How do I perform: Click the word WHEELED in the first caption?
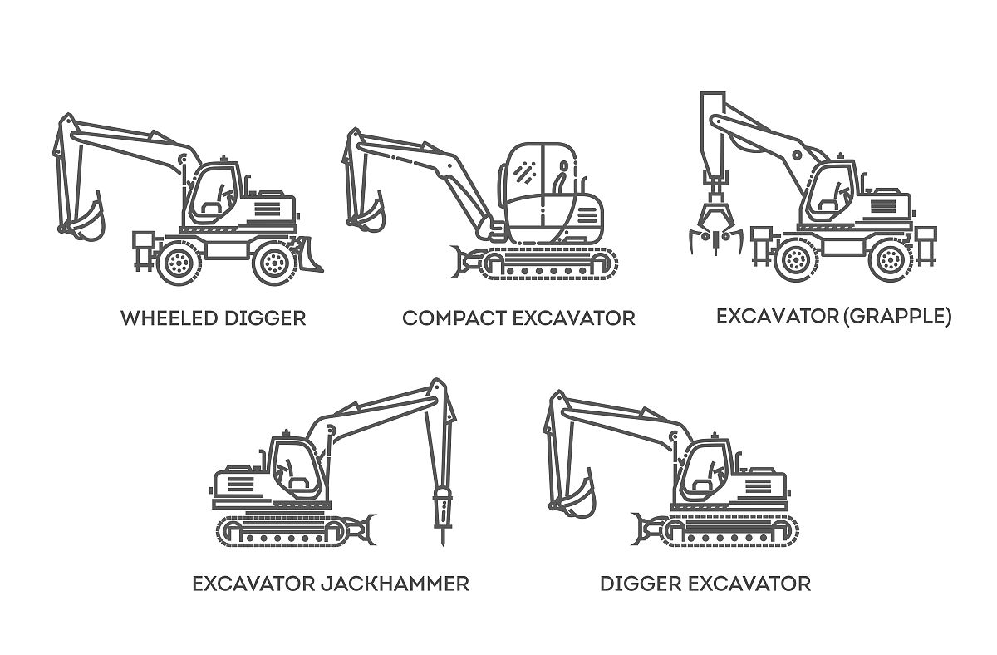click(x=169, y=318)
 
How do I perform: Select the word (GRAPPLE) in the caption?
click(x=897, y=316)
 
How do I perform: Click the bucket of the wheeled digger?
click(x=89, y=218)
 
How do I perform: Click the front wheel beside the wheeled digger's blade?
click(x=275, y=263)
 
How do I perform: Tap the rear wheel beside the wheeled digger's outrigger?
click(x=179, y=263)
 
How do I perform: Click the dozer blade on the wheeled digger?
click(x=308, y=254)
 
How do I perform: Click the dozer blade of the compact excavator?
click(x=462, y=262)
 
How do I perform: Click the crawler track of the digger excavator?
click(x=731, y=530)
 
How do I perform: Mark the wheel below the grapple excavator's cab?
click(x=796, y=259)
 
